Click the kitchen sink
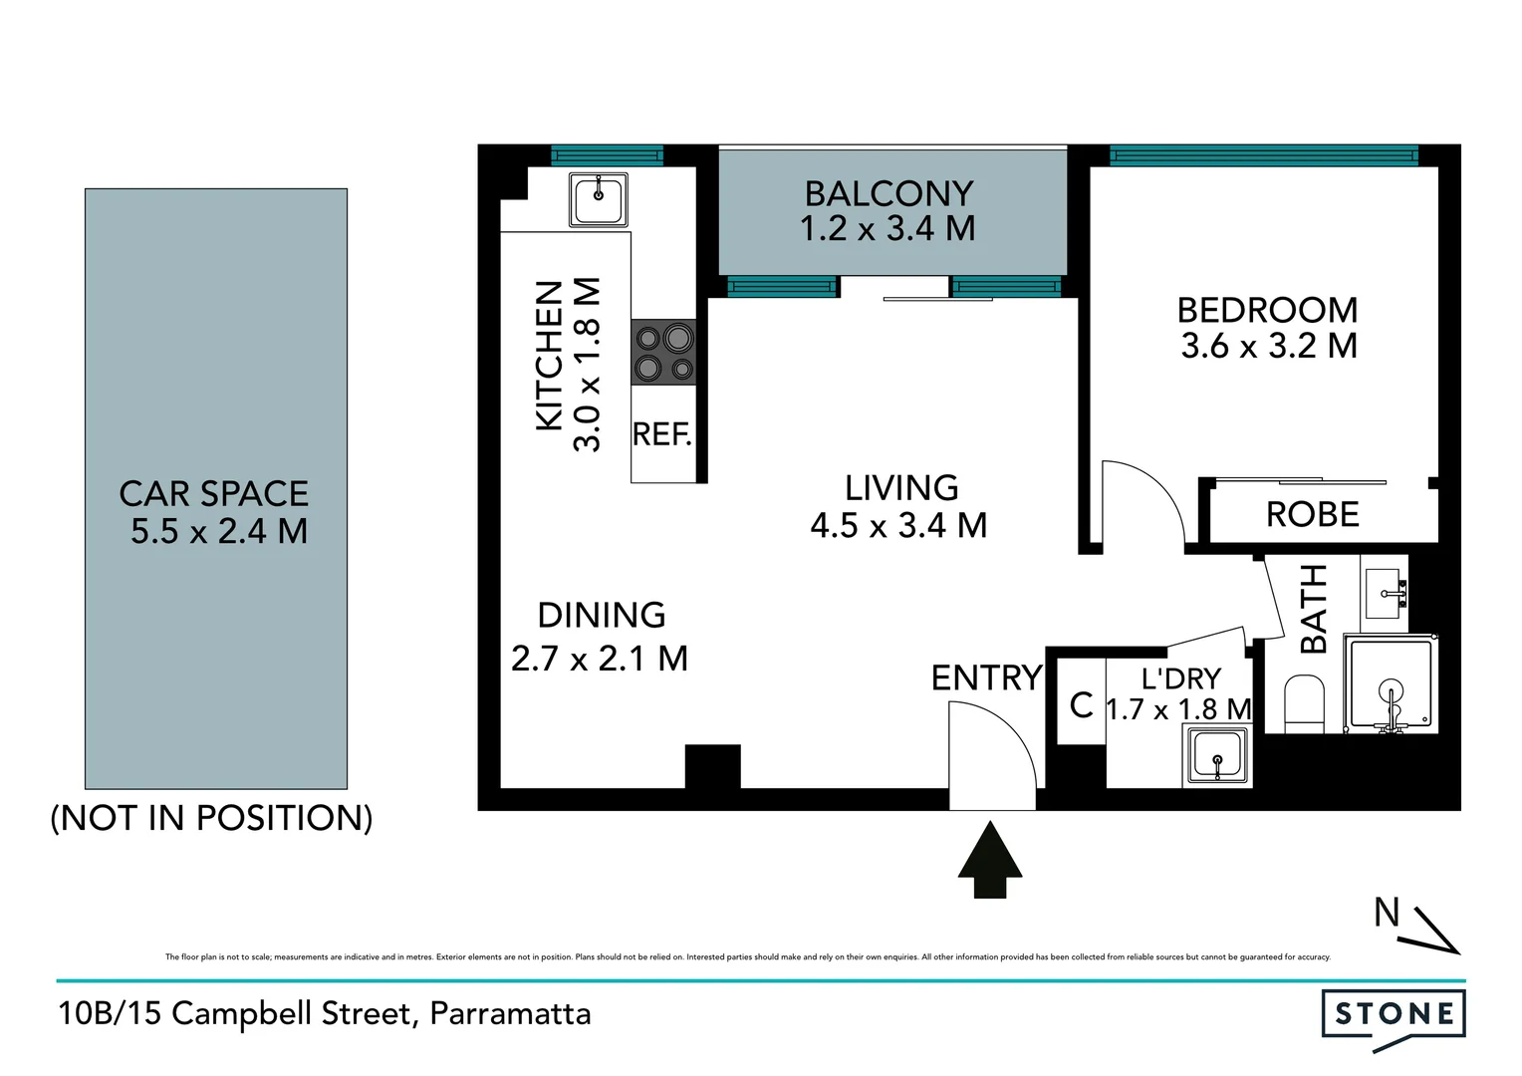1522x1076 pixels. point(598,199)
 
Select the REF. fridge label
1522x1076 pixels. point(661,434)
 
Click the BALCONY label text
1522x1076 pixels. point(888,193)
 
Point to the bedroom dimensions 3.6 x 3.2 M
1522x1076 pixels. point(1268,346)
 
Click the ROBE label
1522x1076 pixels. point(1312,515)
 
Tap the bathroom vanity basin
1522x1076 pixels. point(1386,594)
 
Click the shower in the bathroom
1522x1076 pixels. point(1390,686)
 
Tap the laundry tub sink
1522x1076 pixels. point(1217,754)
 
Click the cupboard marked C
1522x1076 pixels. point(1081,704)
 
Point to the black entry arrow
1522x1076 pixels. point(990,860)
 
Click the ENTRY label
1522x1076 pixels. point(985,678)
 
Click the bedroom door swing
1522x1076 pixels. point(1141,503)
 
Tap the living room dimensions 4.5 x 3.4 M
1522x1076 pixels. point(898,525)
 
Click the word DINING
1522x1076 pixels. point(601,616)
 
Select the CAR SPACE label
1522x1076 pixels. point(214,494)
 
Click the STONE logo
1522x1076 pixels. point(1394,1015)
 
